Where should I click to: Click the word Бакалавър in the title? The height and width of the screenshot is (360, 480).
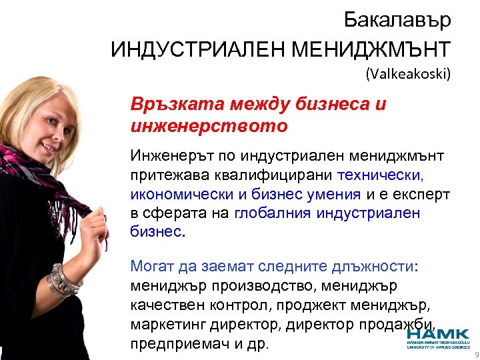[x=397, y=20]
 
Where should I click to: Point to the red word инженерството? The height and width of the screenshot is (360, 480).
[x=209, y=125]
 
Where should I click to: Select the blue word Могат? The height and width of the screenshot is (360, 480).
[x=151, y=267]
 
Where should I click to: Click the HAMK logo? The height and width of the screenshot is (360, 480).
[x=437, y=337]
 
